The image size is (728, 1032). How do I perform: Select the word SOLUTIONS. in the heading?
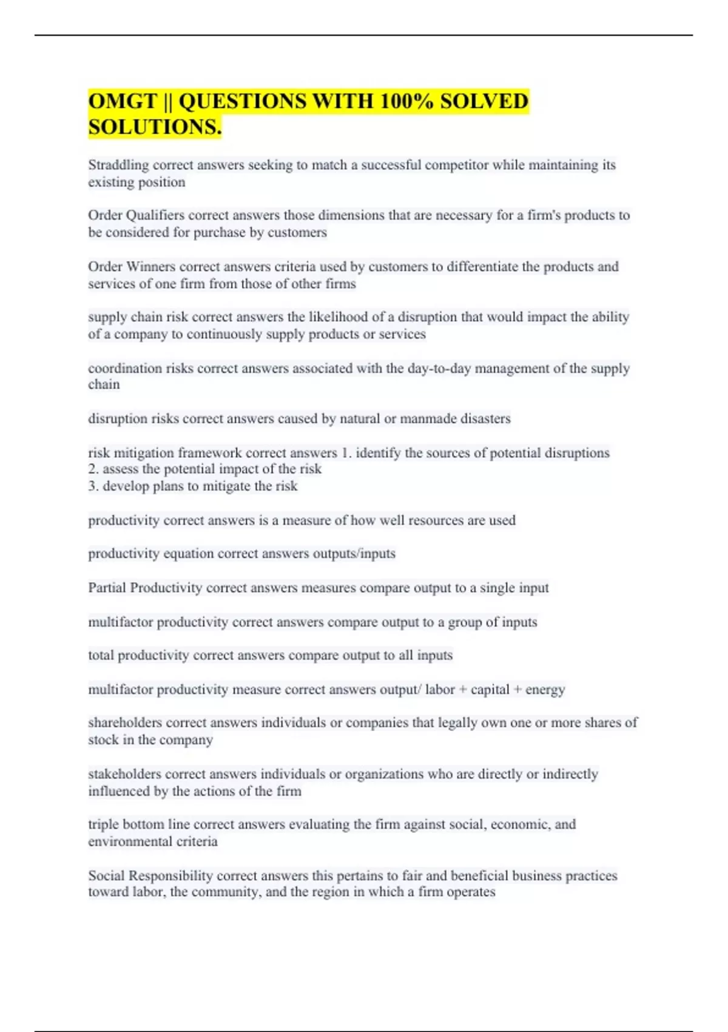[155, 127]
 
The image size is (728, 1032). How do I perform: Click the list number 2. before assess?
[93, 469]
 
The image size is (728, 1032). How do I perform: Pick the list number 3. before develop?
[93, 486]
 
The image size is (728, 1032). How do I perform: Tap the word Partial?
[107, 588]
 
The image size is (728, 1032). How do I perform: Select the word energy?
[545, 690]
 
